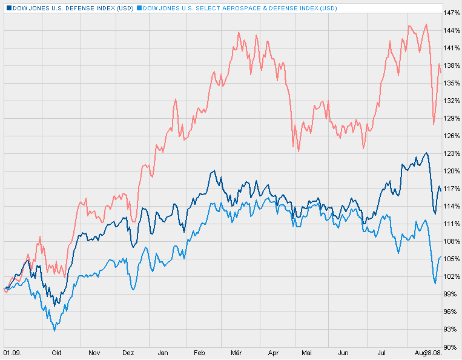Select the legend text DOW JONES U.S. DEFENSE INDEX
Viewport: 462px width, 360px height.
pos(71,8)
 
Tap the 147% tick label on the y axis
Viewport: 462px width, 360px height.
pos(450,13)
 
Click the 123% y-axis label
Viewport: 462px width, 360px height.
pos(450,153)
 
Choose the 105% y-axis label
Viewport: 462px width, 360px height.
pos(450,259)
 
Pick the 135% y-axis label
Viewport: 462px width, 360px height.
pos(450,83)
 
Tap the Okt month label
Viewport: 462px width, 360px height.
pos(56,352)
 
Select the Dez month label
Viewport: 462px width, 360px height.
pos(128,352)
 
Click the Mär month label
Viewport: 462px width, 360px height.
pos(237,352)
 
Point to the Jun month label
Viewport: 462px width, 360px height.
pos(343,352)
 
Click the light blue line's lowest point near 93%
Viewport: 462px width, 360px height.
pos(54,330)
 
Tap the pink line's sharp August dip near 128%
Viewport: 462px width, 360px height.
pos(434,124)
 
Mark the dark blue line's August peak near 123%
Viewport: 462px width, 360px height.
pos(426,153)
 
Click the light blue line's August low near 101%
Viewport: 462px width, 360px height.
pos(435,283)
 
